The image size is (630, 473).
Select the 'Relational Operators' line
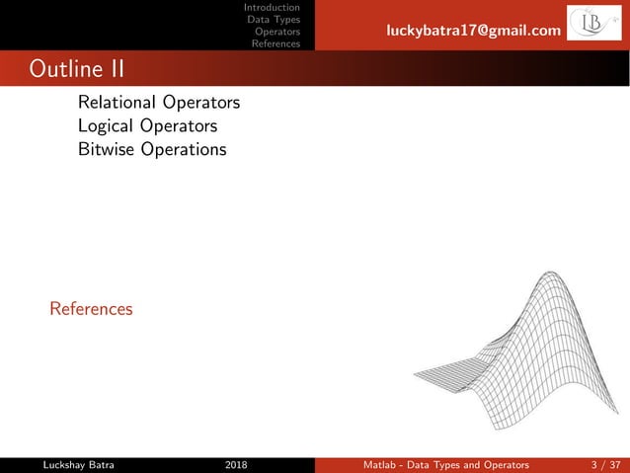[159, 103]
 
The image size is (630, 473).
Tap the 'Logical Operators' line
[147, 126]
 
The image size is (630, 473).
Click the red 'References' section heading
[91, 309]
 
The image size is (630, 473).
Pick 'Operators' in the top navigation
[277, 32]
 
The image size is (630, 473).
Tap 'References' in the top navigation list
[276, 43]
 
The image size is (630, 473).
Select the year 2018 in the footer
[237, 464]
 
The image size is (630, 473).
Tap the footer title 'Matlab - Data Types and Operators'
[444, 464]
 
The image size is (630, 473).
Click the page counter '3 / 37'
[601, 464]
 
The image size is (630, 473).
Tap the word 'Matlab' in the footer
[376, 464]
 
